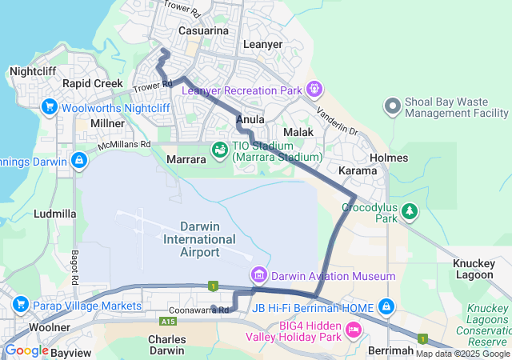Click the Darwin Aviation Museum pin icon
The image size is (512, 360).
[258, 276]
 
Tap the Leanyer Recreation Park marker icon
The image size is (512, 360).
[313, 87]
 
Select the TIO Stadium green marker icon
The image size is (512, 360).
[218, 150]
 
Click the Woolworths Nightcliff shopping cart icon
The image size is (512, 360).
[49, 106]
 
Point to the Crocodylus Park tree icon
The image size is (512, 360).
[410, 211]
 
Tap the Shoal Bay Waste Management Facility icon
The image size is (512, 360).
[392, 106]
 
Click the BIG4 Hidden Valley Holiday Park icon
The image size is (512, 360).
[352, 330]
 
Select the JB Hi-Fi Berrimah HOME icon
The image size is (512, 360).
[386, 306]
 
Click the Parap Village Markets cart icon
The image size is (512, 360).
[21, 304]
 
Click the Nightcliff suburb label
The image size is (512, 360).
[33, 71]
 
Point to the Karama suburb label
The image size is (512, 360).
[358, 171]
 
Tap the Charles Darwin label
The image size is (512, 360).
[167, 345]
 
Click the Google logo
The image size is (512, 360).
[26, 350]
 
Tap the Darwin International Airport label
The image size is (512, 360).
[199, 239]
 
